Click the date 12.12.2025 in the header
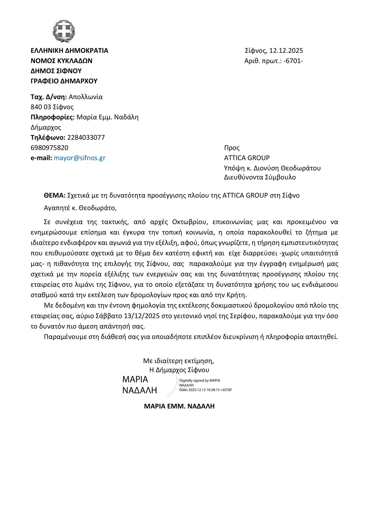tap(286, 51)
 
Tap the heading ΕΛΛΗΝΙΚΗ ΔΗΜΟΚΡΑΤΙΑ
tap(69, 51)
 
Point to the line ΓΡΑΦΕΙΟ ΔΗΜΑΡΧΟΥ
tap(64, 81)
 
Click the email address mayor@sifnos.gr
tap(80, 158)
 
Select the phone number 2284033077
tap(86, 138)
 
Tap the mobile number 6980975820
tap(49, 148)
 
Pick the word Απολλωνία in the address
tap(86, 97)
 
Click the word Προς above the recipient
tap(232, 148)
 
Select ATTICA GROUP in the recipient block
tap(247, 158)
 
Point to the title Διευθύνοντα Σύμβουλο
tap(260, 177)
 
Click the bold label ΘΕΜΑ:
tap(55, 195)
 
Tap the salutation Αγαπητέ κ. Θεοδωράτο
tap(80, 208)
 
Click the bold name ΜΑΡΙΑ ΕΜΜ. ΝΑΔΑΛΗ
tap(179, 406)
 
